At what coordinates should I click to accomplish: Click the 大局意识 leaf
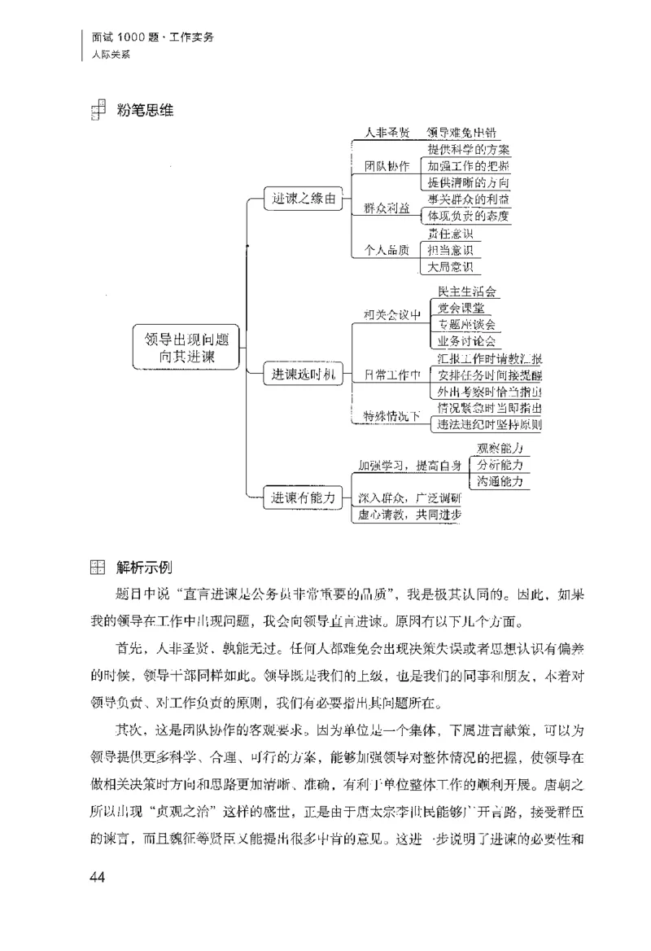(x=450, y=267)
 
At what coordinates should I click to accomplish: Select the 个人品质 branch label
(x=387, y=250)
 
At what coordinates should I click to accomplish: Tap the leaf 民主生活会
(x=467, y=291)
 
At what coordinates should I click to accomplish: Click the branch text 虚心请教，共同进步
(x=410, y=515)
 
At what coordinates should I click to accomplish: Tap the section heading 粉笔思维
(x=145, y=108)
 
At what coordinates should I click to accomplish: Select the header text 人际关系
(x=111, y=55)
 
